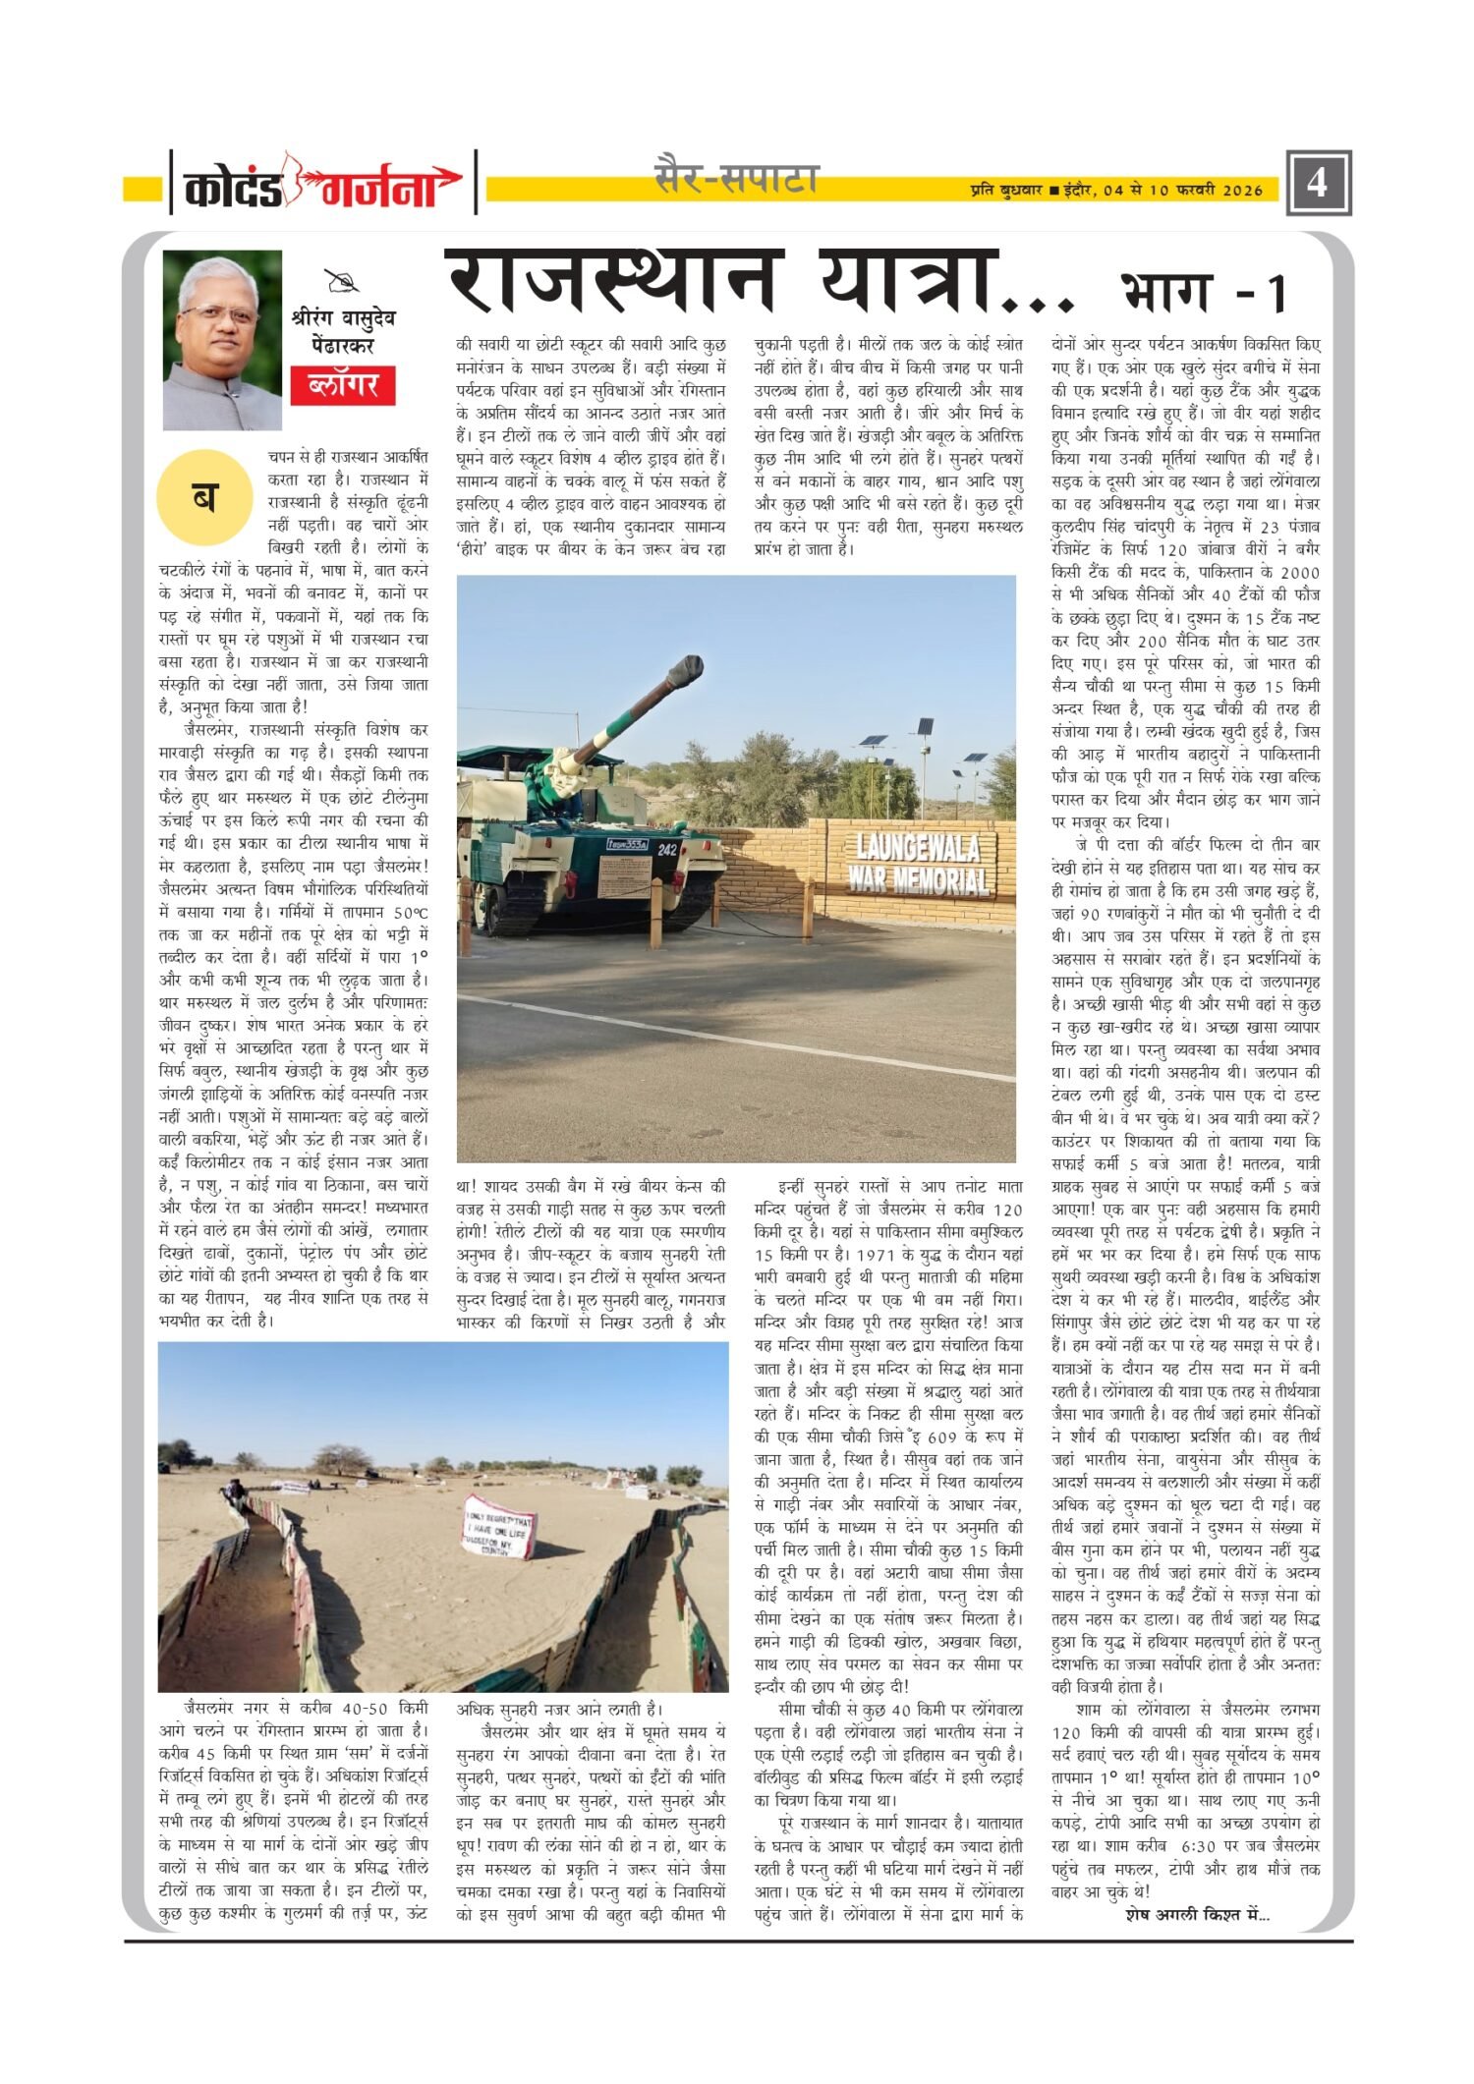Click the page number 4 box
[x=1319, y=182]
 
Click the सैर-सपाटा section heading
[x=736, y=179]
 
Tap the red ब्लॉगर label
[x=343, y=384]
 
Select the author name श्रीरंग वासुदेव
[x=343, y=318]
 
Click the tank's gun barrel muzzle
[x=686, y=672]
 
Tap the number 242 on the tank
[x=667, y=849]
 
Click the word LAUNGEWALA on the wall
[x=919, y=846]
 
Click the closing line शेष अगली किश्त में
[x=1197, y=1914]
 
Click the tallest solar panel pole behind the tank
[x=925, y=756]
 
